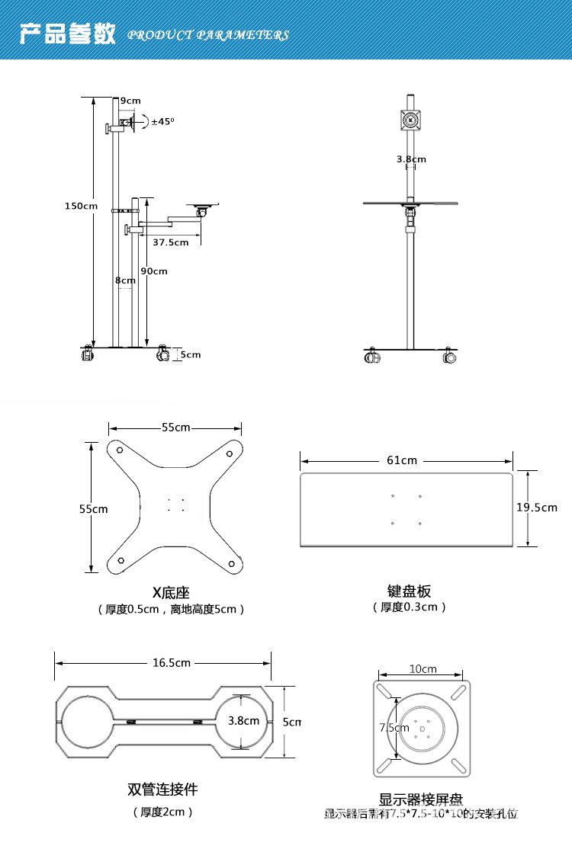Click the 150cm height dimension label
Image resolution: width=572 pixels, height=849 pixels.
pyautogui.click(x=81, y=206)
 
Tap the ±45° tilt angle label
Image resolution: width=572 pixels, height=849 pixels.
pyautogui.click(x=162, y=121)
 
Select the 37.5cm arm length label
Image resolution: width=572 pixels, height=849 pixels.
pyautogui.click(x=170, y=242)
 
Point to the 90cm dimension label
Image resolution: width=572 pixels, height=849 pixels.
pyautogui.click(x=154, y=271)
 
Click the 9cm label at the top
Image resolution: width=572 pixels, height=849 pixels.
pyautogui.click(x=130, y=101)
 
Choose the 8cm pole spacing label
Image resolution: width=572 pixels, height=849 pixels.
pyautogui.click(x=125, y=280)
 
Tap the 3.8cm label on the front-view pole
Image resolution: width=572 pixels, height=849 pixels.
pyautogui.click(x=411, y=159)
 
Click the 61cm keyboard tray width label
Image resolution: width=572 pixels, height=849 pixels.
pyautogui.click(x=402, y=460)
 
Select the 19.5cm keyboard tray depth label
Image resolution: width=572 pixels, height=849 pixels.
pyautogui.click(x=537, y=508)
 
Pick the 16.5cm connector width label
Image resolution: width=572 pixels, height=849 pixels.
pyautogui.click(x=171, y=662)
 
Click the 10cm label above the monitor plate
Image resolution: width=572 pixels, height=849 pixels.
pyautogui.click(x=423, y=669)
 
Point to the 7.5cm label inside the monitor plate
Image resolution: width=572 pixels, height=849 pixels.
pyautogui.click(x=394, y=728)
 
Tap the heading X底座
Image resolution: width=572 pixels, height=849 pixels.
pyautogui.click(x=170, y=592)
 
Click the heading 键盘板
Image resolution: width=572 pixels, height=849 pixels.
pyautogui.click(x=410, y=591)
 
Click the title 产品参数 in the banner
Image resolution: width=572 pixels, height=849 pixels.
pyautogui.click(x=67, y=34)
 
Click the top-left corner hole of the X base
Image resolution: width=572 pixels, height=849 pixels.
pyautogui.click(x=121, y=450)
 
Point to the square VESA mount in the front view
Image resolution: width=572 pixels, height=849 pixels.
pyautogui.click(x=410, y=120)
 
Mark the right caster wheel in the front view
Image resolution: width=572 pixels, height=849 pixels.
pyautogui.click(x=448, y=356)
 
